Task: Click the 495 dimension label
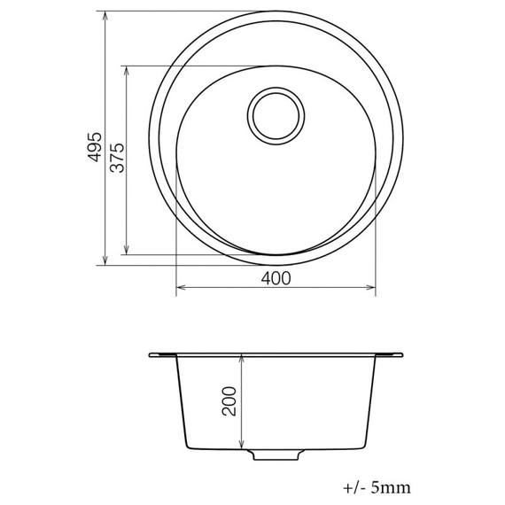(x=95, y=147)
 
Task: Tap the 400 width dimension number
(x=276, y=278)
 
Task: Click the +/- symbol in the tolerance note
(x=353, y=487)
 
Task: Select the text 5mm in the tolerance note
(x=391, y=487)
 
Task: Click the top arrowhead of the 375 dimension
(x=128, y=70)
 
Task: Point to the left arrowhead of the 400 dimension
(x=181, y=287)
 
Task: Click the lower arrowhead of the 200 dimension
(x=242, y=445)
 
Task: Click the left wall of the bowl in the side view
(x=181, y=399)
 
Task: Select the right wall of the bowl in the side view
(x=372, y=399)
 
